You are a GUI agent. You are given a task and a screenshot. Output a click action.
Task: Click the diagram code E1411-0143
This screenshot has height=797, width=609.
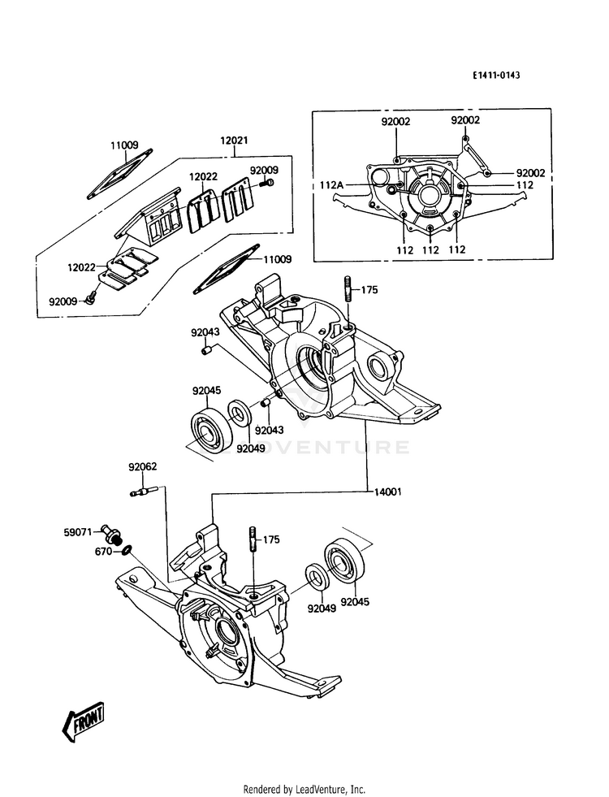click(496, 76)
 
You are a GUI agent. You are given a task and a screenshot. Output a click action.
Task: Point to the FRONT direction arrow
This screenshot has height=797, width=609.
click(84, 721)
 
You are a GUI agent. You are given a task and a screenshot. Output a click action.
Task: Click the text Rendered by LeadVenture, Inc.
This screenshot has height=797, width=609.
click(304, 789)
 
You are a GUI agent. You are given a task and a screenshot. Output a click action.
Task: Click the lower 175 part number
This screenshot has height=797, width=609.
click(270, 539)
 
